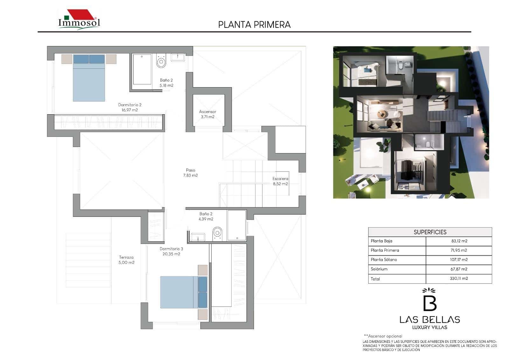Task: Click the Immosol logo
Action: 79,19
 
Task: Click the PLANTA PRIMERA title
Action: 254,25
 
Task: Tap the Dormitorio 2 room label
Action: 129,107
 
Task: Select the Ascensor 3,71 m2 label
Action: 207,114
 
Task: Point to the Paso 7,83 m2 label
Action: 191,173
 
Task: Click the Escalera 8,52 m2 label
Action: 280,181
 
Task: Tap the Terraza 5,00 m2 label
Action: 126,260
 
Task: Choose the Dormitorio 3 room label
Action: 171,251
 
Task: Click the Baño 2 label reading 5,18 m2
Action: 166,83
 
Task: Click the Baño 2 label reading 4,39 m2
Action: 206,216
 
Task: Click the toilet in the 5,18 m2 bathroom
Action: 161,61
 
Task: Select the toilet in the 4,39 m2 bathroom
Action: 217,233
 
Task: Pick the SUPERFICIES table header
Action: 430,232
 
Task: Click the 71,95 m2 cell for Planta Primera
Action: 459,250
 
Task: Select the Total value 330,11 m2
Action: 459,279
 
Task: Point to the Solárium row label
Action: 379,269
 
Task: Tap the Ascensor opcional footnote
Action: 383,336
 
